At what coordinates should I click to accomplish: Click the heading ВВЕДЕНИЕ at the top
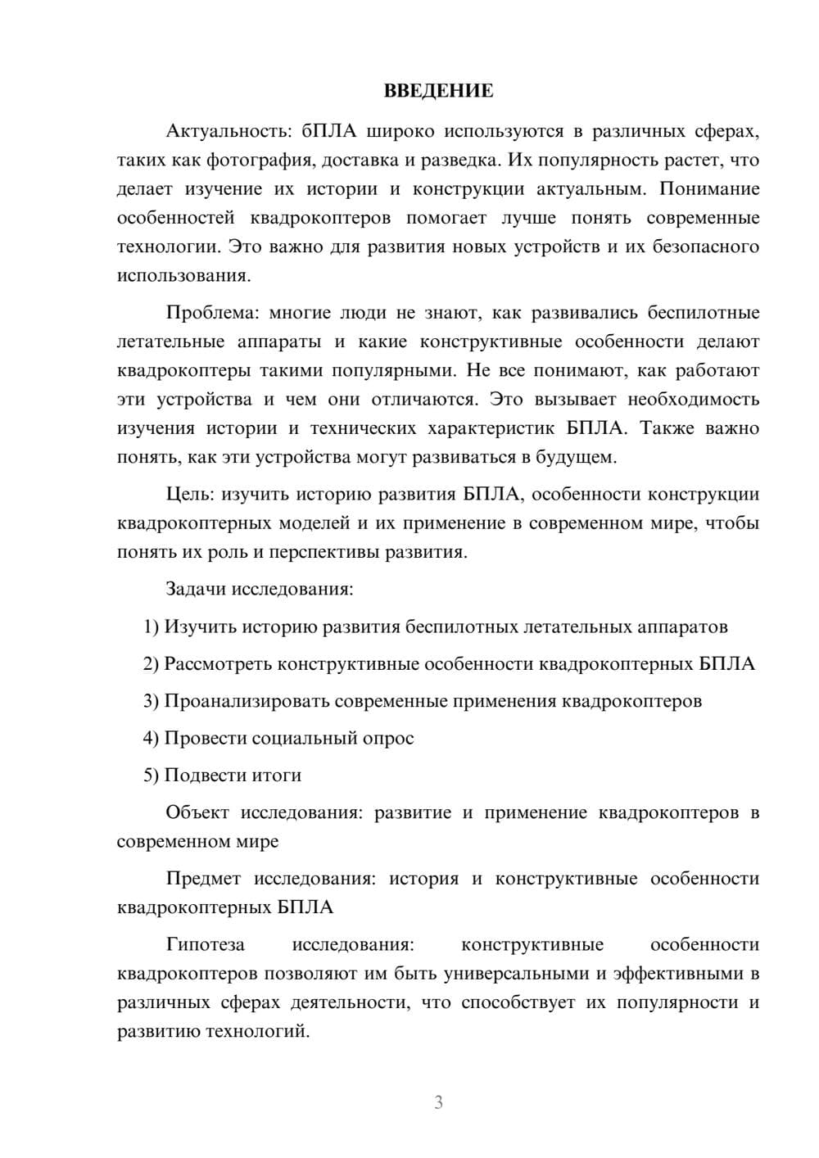click(x=438, y=91)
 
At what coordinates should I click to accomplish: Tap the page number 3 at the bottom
click(x=438, y=1102)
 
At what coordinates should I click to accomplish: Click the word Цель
click(x=190, y=495)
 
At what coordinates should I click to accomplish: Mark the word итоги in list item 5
click(x=278, y=776)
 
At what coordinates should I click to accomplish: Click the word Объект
click(x=197, y=812)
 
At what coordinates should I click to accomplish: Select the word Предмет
click(x=203, y=879)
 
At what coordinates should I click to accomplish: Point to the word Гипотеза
click(x=205, y=945)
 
